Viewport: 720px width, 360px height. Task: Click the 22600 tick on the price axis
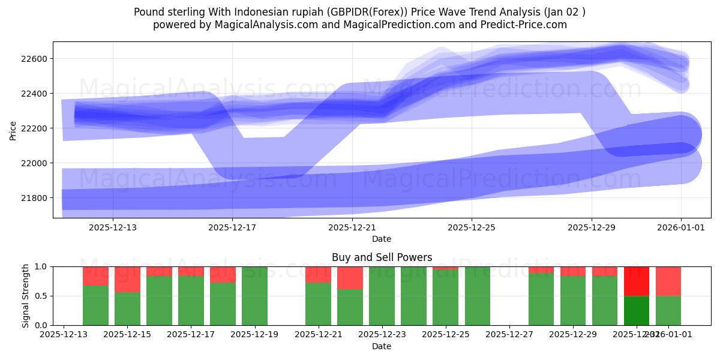[x=37, y=59]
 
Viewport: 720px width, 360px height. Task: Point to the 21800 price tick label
[x=37, y=198]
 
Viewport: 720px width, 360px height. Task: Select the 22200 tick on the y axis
[x=37, y=128]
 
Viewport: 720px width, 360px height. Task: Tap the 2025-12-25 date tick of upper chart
[x=472, y=227]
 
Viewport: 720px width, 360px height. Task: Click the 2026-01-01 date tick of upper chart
[x=680, y=227]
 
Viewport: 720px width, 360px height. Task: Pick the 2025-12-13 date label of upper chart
[x=113, y=227]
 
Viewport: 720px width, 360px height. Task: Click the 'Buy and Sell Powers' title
[x=382, y=257]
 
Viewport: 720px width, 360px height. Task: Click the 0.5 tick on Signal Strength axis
[x=43, y=296]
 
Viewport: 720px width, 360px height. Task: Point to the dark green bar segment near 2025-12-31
[x=637, y=310]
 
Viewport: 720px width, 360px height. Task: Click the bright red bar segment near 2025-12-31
[x=637, y=281]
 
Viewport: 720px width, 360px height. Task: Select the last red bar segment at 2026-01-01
[x=668, y=281]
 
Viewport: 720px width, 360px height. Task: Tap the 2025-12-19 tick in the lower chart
[x=255, y=335]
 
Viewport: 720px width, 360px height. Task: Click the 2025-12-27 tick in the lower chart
[x=509, y=335]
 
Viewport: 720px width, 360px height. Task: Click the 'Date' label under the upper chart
[x=382, y=239]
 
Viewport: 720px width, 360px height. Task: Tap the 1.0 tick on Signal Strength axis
[x=43, y=266]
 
